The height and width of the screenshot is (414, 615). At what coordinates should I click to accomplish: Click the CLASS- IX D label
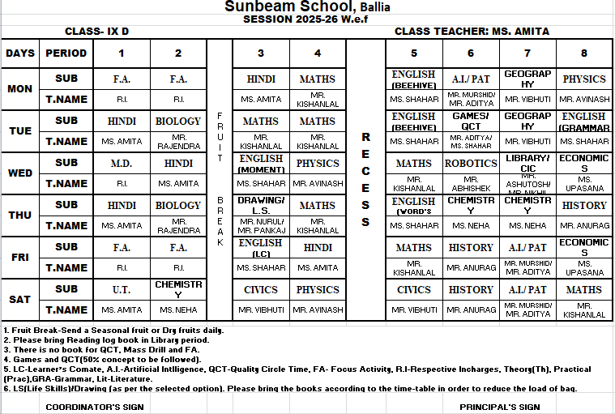tap(96, 32)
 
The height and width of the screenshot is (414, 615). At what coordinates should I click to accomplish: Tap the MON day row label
tap(19, 88)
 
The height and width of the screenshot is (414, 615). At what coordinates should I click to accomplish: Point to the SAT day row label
tap(19, 299)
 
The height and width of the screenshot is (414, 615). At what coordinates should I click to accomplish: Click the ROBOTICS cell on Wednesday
tap(471, 163)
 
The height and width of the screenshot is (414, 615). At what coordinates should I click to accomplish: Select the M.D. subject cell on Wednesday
tap(122, 163)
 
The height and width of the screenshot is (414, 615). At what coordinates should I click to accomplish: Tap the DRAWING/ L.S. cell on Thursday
tap(261, 205)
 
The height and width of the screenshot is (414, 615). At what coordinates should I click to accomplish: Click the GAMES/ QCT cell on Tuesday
tap(471, 121)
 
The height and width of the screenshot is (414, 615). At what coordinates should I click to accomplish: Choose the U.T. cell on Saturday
tap(122, 289)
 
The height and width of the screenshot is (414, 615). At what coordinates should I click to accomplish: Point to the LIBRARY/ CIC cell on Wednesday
tap(527, 162)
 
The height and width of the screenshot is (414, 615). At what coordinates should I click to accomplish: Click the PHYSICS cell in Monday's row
tap(583, 79)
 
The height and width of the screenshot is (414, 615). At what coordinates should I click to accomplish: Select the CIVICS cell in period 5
tap(414, 289)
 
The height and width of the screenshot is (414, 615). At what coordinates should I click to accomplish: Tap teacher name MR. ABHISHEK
tap(471, 183)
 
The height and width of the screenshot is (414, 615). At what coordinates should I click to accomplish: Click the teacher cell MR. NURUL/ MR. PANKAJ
tap(261, 225)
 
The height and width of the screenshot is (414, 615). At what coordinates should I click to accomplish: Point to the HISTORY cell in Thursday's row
tap(583, 205)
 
